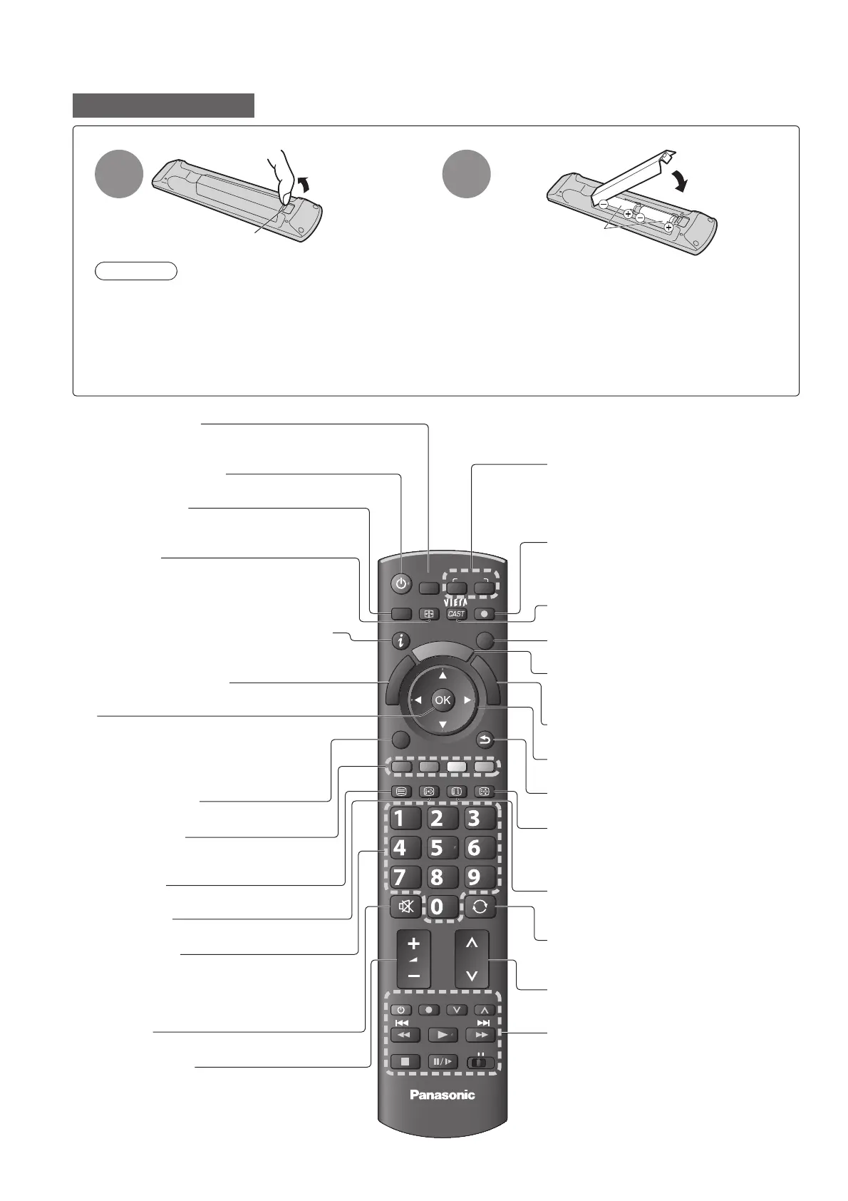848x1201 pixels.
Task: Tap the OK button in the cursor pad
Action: coord(443,700)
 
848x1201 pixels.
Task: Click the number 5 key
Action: coord(437,848)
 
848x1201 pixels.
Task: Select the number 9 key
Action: coord(474,877)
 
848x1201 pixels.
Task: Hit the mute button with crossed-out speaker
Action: coord(405,907)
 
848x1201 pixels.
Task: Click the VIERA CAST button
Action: coord(456,613)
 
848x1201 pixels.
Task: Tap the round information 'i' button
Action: coord(401,641)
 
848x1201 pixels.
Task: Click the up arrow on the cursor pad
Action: coord(443,675)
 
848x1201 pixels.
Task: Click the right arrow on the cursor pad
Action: coord(467,700)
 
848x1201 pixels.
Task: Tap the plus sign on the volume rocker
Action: coord(414,944)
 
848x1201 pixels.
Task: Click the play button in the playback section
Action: coord(443,1034)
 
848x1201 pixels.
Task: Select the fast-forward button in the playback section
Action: coord(480,1034)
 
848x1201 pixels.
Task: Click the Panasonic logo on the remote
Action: coord(442,1095)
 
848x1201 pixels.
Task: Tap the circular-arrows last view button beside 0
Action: coord(480,907)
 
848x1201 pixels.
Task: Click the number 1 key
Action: coord(400,818)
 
